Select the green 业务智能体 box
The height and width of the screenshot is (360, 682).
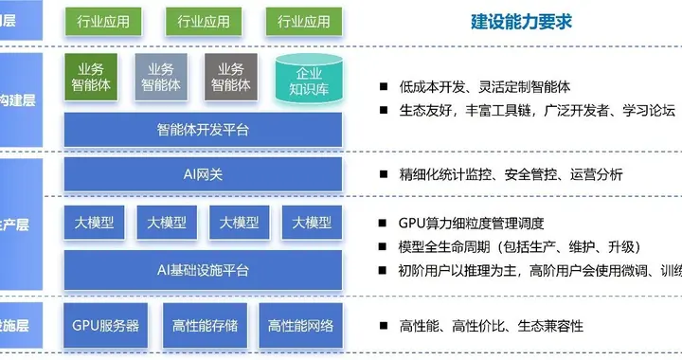pyautogui.click(x=92, y=76)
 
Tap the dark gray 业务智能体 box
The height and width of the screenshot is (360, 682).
pyautogui.click(x=231, y=76)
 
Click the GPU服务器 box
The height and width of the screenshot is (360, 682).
pyautogui.click(x=106, y=325)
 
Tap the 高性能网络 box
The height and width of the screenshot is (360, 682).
pyautogui.click(x=300, y=325)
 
